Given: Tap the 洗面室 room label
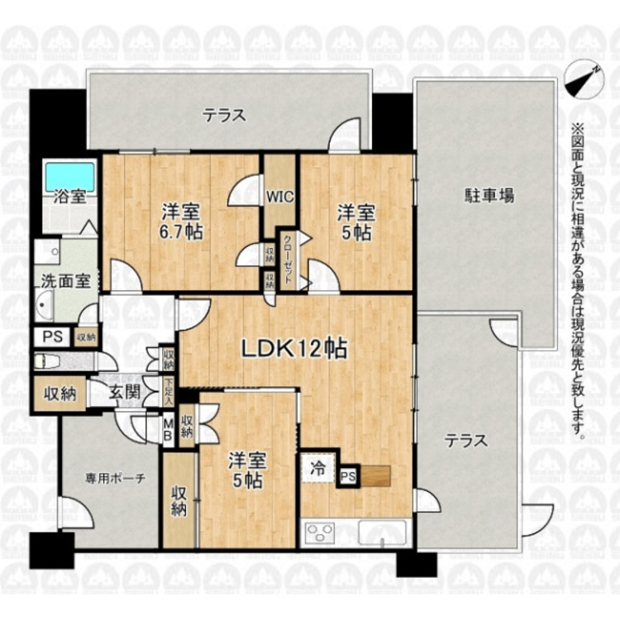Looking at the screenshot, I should pos(66,280).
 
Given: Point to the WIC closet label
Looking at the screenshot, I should pos(278,197).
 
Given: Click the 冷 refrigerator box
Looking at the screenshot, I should pos(317,467).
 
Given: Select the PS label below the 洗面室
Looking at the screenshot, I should pos(51,337).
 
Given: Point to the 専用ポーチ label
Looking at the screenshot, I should pos(109,478).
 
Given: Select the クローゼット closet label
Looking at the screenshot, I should pos(287,258).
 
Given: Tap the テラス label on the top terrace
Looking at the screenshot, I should pos(225,116).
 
